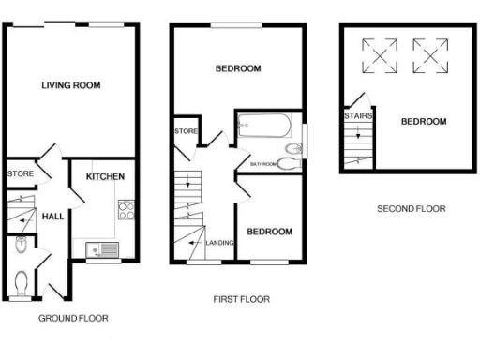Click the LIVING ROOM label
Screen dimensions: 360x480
[70, 85]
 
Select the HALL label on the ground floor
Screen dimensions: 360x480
[53, 217]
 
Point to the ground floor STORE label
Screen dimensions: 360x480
[21, 173]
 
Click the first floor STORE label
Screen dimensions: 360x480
[185, 132]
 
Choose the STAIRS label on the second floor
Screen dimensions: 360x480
[357, 117]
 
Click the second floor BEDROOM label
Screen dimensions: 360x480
[424, 122]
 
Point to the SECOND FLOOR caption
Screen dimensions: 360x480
[412, 209]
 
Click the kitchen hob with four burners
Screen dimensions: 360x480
[124, 211]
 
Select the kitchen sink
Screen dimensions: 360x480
[101, 249]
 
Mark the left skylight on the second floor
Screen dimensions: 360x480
[381, 55]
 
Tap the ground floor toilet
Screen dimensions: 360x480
[22, 279]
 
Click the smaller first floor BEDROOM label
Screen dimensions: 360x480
[269, 232]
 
